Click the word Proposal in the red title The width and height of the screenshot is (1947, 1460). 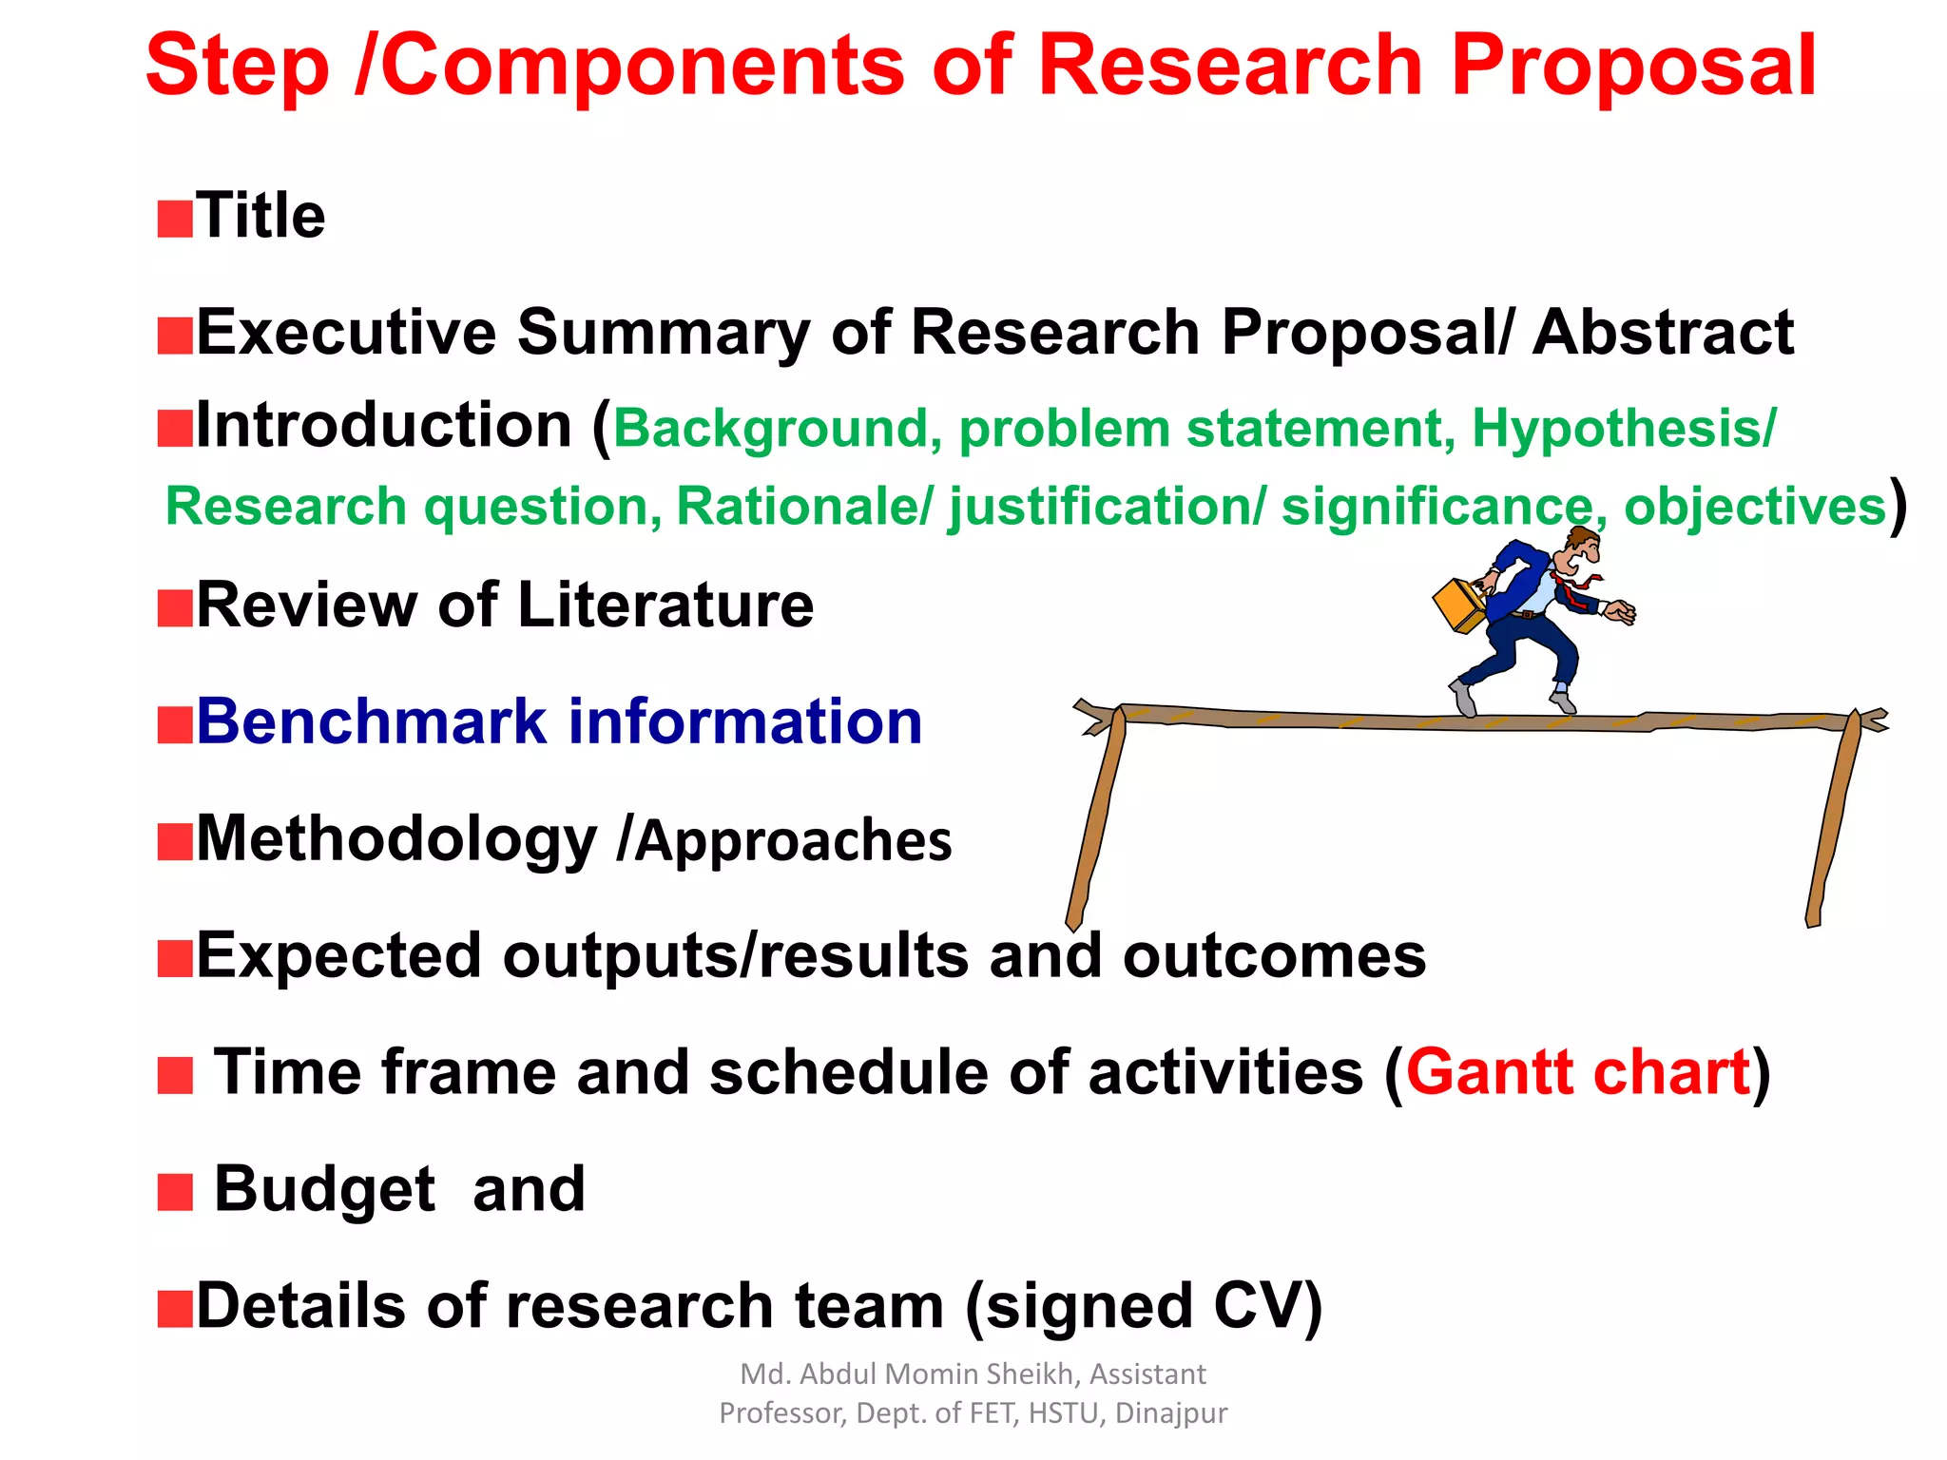[1633, 67]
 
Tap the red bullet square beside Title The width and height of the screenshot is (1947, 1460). [175, 219]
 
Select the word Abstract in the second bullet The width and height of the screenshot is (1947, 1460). [1663, 333]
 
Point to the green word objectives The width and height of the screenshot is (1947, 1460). [1754, 507]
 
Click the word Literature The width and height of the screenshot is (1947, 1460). [665, 605]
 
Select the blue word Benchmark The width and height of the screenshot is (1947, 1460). [372, 721]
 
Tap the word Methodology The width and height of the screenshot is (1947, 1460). [395, 840]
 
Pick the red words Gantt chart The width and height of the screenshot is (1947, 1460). [1578, 1073]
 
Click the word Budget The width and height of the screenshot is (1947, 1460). [324, 1190]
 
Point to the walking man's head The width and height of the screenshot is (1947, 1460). [1582, 549]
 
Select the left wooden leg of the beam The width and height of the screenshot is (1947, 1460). [1096, 817]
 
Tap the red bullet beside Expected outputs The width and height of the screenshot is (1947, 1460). [175, 959]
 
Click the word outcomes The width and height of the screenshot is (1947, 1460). [1274, 956]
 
